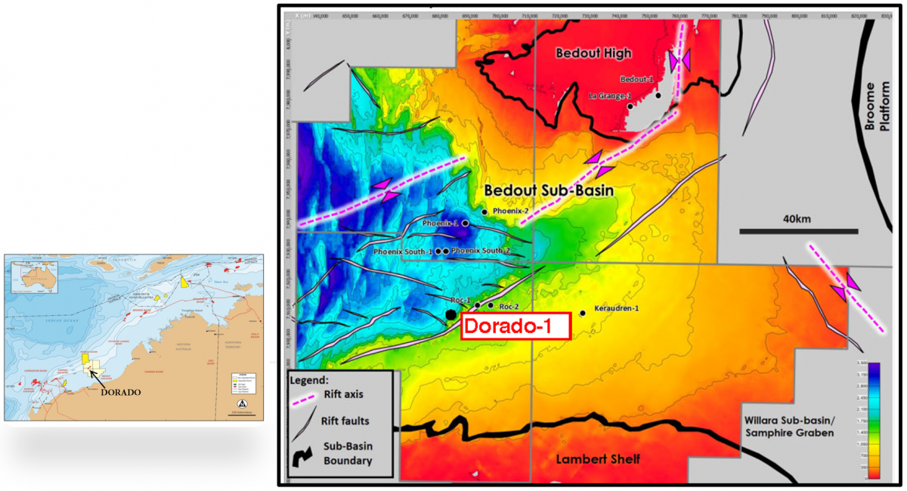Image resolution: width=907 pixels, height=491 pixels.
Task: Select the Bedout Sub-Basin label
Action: tap(549, 190)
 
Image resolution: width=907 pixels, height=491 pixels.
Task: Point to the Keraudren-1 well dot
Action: tap(583, 313)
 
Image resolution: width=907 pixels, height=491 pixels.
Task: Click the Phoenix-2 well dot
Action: tap(484, 212)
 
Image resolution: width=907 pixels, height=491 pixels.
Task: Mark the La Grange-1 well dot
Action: tap(630, 107)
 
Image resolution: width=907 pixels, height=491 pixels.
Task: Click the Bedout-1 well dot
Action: tap(658, 95)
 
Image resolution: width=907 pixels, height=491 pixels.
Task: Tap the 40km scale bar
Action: tap(798, 230)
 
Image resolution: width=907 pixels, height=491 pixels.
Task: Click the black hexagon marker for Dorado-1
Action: tap(450, 314)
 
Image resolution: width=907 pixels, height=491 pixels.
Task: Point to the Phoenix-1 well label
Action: tap(441, 224)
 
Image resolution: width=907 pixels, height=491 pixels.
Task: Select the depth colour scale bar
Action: tap(872, 420)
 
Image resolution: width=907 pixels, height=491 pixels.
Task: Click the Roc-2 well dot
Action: tap(491, 305)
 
